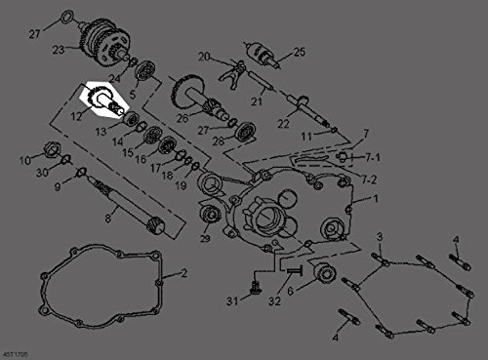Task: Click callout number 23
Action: (58, 48)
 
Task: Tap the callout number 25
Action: (299, 52)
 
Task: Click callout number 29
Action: (205, 237)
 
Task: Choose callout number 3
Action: (381, 237)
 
